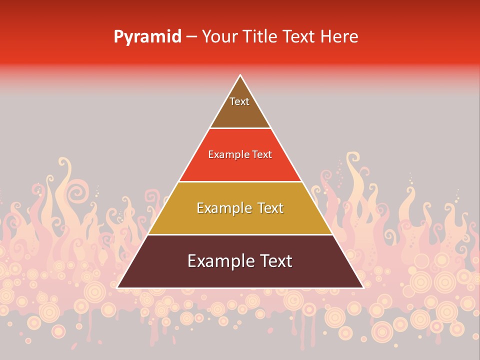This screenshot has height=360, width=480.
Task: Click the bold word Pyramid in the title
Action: tap(147, 37)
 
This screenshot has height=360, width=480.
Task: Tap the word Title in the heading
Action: tap(260, 37)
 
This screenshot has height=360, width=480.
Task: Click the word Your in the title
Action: tap(219, 37)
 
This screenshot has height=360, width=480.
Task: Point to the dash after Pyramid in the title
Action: tap(191, 37)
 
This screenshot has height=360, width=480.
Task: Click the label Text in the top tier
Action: tap(239, 101)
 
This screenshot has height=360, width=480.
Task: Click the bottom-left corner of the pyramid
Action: tap(117, 288)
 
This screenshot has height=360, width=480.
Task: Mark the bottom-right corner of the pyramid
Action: tap(363, 288)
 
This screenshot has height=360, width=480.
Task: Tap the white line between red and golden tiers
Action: tap(240, 181)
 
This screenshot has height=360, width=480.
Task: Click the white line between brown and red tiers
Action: tap(240, 128)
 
